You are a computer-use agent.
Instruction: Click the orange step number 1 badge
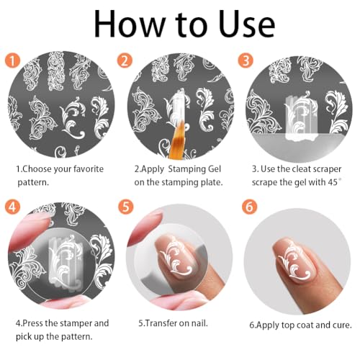(x=12, y=60)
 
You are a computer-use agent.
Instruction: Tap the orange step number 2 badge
(x=125, y=60)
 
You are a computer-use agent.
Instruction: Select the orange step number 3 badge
(x=246, y=60)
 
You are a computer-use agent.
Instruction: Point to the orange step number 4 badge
(x=12, y=207)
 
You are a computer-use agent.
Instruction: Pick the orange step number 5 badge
(x=126, y=207)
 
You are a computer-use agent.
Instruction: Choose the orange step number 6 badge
(x=250, y=207)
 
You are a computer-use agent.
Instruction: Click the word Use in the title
(x=247, y=24)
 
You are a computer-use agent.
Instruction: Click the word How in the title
(x=130, y=24)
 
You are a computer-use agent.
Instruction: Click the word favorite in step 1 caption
(x=89, y=169)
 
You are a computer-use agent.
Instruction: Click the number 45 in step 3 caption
(x=333, y=182)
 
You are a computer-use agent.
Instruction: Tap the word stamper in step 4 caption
(x=73, y=323)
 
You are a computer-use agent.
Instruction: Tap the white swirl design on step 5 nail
(x=177, y=258)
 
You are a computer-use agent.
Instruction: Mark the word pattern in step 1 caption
(x=33, y=183)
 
